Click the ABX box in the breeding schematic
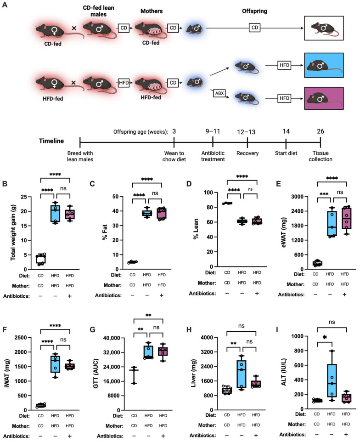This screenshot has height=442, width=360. click(218, 92)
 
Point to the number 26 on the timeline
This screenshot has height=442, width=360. click(321, 131)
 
